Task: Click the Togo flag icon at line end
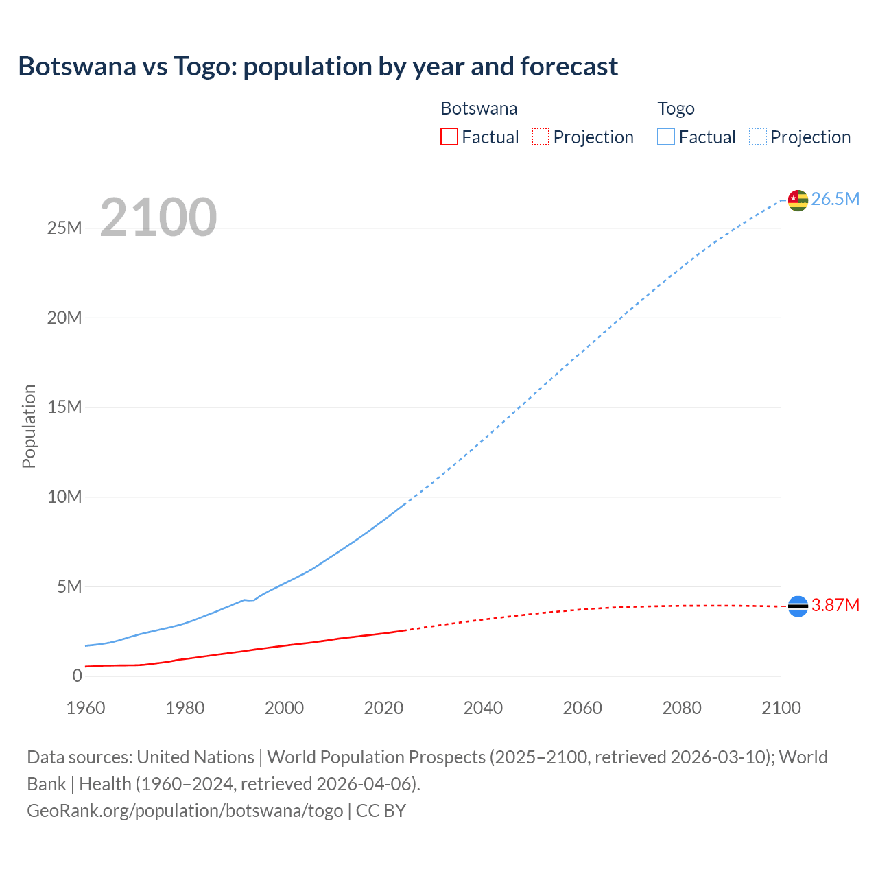click(x=798, y=200)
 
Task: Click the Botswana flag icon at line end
click(x=798, y=606)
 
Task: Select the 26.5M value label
click(x=835, y=199)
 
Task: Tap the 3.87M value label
click(x=835, y=605)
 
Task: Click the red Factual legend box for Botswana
click(x=449, y=137)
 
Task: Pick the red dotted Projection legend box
click(x=541, y=137)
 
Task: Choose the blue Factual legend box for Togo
click(x=665, y=137)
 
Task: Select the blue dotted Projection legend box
click(x=757, y=137)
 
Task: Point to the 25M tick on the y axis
click(x=64, y=228)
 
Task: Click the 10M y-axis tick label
click(x=64, y=497)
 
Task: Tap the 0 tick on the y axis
click(x=77, y=676)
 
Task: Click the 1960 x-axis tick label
click(x=86, y=708)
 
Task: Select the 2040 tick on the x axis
click(x=483, y=708)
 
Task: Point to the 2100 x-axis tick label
click(x=781, y=708)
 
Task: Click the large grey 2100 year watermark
click(x=158, y=217)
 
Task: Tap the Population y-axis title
click(x=29, y=426)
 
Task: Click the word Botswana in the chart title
click(x=77, y=67)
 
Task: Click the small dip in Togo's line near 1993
click(x=251, y=600)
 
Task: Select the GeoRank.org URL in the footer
click(x=185, y=810)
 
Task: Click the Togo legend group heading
click(x=676, y=108)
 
